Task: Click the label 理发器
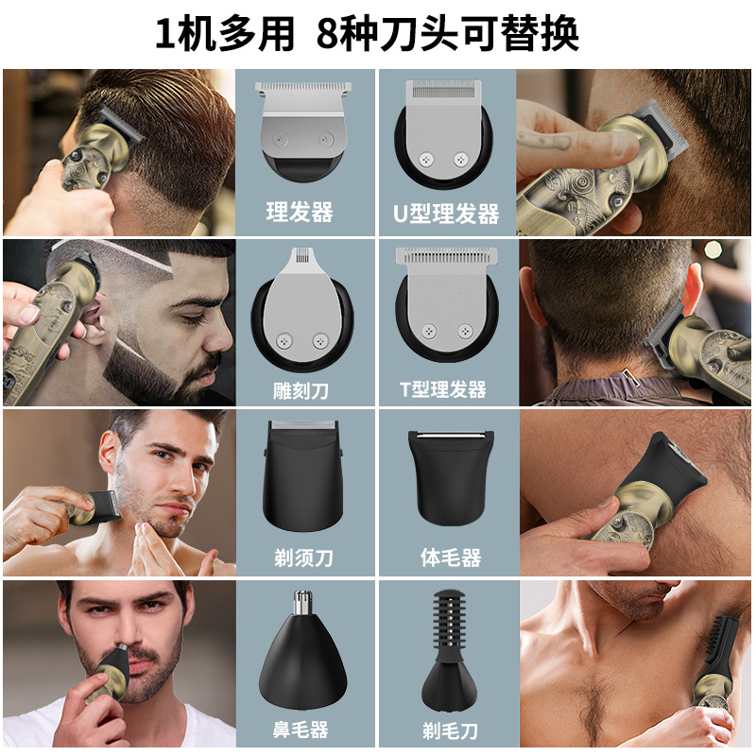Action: (299, 213)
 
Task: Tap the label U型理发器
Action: (446, 214)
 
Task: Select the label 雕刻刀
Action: (299, 389)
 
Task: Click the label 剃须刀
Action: (299, 558)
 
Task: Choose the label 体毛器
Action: (451, 558)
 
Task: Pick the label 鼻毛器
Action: (299, 730)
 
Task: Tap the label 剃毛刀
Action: (451, 730)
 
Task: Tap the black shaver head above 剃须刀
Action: (301, 477)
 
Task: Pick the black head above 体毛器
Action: (450, 477)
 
